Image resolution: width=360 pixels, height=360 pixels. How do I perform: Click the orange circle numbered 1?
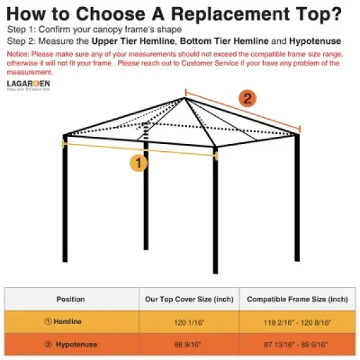coord(137,162)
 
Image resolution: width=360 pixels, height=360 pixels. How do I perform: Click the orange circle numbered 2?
coord(247,98)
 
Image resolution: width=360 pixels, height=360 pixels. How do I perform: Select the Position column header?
coord(70,299)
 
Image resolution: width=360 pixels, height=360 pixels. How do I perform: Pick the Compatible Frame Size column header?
coord(297,299)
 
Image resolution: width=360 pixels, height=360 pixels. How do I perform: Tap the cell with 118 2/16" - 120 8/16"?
coord(297,321)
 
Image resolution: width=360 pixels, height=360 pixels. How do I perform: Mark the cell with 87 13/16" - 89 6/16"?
coord(297,343)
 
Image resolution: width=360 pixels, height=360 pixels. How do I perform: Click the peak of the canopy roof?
coord(185,98)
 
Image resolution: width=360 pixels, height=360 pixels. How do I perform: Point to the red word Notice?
coord(18,53)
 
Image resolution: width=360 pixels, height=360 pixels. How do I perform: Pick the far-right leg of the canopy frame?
coord(298,196)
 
